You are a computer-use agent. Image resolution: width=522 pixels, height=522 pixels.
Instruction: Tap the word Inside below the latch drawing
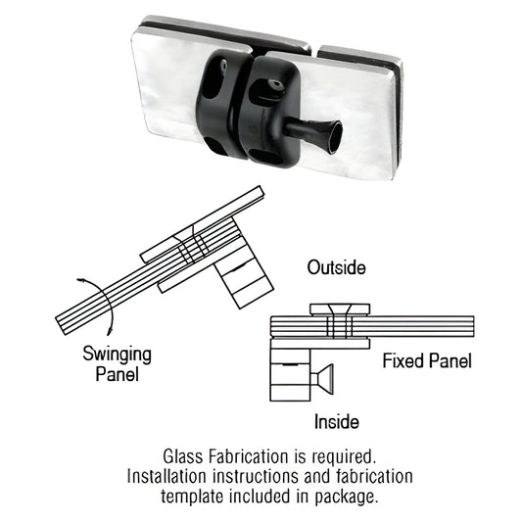click(335, 422)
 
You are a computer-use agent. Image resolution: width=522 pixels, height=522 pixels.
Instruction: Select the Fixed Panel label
click(427, 361)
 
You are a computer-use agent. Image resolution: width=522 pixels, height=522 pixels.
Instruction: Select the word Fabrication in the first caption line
click(248, 456)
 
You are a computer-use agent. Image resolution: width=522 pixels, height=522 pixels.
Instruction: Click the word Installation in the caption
click(167, 476)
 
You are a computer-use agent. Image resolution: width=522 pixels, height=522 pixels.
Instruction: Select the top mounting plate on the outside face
click(342, 309)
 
